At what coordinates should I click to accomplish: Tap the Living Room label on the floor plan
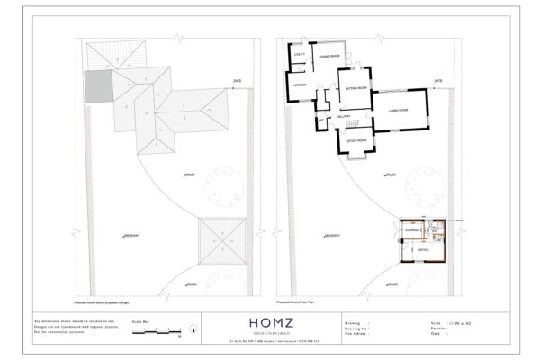tap(399, 110)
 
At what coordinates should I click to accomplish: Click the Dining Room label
tap(329, 56)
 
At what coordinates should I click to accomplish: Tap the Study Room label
tap(355, 140)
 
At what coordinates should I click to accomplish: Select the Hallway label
tap(343, 116)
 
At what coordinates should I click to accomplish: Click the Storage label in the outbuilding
tap(414, 230)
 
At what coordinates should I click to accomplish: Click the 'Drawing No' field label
tap(358, 327)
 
